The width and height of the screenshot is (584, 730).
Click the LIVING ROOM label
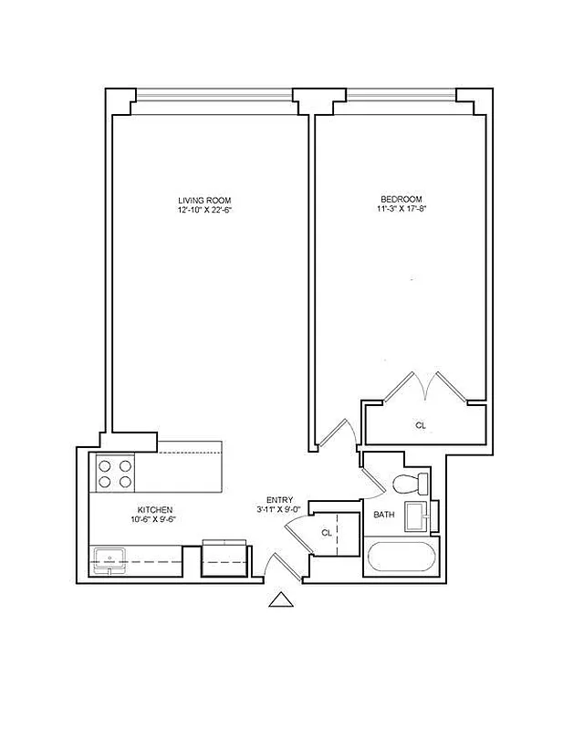pyautogui.click(x=204, y=200)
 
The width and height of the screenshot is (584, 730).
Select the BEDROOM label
pyautogui.click(x=401, y=200)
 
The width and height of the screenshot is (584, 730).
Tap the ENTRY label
pyautogui.click(x=279, y=500)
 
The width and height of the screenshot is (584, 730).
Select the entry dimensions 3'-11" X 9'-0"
pyautogui.click(x=279, y=510)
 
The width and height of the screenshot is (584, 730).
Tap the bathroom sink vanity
pyautogui.click(x=421, y=516)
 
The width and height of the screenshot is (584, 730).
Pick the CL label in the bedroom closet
pyautogui.click(x=421, y=426)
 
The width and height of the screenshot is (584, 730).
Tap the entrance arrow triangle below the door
pyautogui.click(x=281, y=599)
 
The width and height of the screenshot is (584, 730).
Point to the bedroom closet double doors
pyautogui.click(x=424, y=387)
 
